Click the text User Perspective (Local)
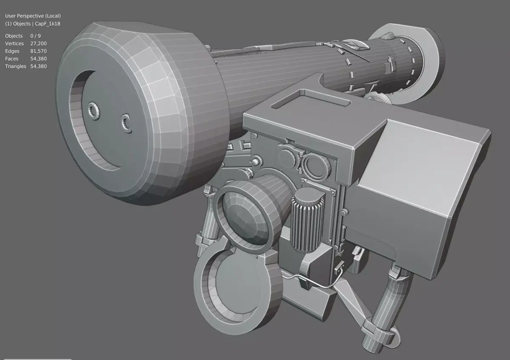pyautogui.click(x=33, y=16)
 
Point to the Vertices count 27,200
pyautogui.click(x=39, y=44)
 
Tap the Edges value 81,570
pyautogui.click(x=39, y=51)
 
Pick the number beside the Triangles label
pyautogui.click(x=39, y=67)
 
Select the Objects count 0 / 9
pyautogui.click(x=36, y=36)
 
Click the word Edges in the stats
pyautogui.click(x=12, y=51)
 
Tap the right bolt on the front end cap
pyautogui.click(x=126, y=122)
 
